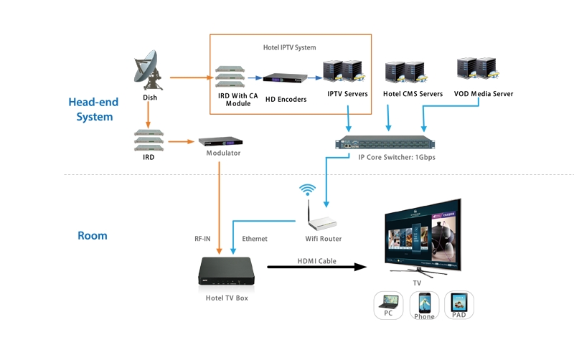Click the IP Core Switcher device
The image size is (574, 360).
tap(387, 142)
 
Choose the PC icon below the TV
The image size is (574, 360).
tap(388, 305)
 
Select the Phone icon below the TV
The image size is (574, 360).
tap(424, 305)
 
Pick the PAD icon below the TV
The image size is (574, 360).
tap(458, 305)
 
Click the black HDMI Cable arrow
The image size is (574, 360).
tap(316, 267)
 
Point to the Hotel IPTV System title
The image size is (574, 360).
tap(289, 47)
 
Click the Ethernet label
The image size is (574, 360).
tap(255, 239)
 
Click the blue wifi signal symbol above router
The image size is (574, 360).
tap(308, 190)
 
